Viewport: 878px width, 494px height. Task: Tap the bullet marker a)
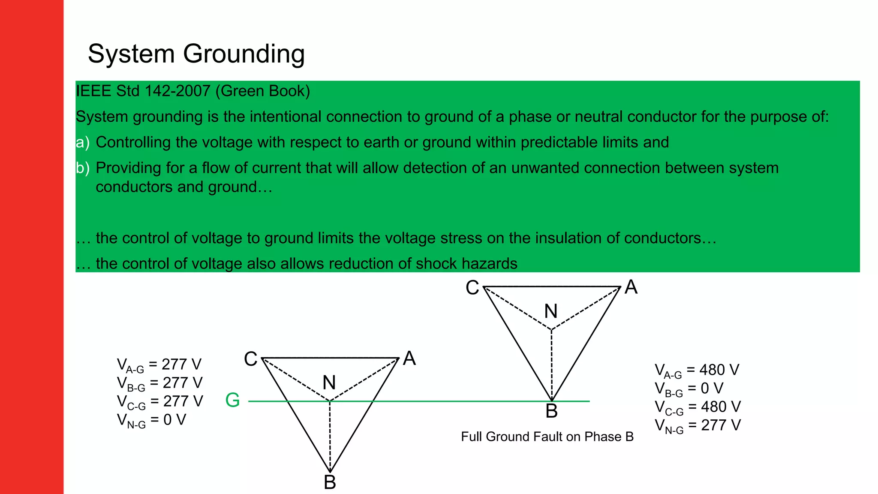[x=82, y=142]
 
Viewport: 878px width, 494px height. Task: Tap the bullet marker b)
[x=82, y=168]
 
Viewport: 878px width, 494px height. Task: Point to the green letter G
[x=232, y=401]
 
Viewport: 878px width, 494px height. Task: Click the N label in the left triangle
[x=329, y=383]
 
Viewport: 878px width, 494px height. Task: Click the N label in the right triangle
[x=551, y=311]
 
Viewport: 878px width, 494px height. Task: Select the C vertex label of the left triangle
[x=251, y=359]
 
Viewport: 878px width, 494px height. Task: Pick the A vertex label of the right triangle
[x=631, y=287]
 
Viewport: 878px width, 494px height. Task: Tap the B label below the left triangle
[x=330, y=482]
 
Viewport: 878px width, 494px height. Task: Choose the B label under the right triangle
[x=551, y=411]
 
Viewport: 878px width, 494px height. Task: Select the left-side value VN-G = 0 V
[x=151, y=420]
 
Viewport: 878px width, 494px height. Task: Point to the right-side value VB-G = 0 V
[x=689, y=389]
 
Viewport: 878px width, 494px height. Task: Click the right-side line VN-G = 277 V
[x=698, y=425]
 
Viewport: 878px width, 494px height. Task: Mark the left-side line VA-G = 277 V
[x=159, y=364]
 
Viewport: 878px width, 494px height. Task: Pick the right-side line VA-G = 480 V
[x=697, y=370]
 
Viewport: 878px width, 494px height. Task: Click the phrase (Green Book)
[x=262, y=91]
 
